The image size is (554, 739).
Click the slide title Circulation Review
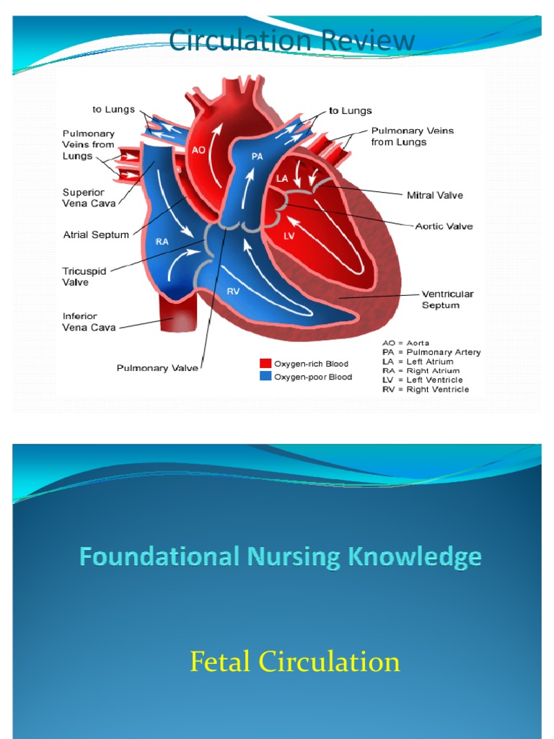291,41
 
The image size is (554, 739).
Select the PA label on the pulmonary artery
258,155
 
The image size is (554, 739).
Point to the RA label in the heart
162,242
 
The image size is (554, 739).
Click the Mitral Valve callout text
435,195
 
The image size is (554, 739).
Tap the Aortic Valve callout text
444,226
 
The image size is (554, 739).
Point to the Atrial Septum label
96,234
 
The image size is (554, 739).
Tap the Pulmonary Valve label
157,368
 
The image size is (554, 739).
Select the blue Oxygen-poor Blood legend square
265,376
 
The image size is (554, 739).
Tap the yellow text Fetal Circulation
294,662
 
